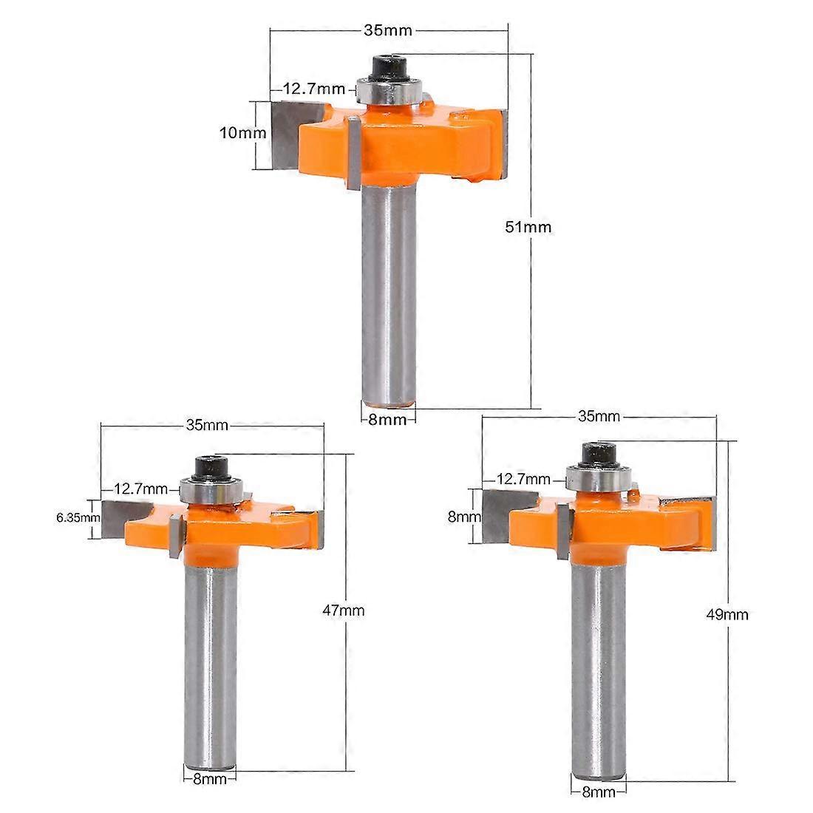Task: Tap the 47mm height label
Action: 344,610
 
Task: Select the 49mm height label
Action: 728,615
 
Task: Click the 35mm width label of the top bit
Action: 388,30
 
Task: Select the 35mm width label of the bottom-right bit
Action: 599,416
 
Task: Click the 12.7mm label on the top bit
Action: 313,89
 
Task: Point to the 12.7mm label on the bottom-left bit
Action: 140,489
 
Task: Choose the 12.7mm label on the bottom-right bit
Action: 523,479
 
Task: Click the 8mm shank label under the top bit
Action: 388,420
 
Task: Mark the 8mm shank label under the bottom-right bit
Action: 599,791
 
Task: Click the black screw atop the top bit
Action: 390,67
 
